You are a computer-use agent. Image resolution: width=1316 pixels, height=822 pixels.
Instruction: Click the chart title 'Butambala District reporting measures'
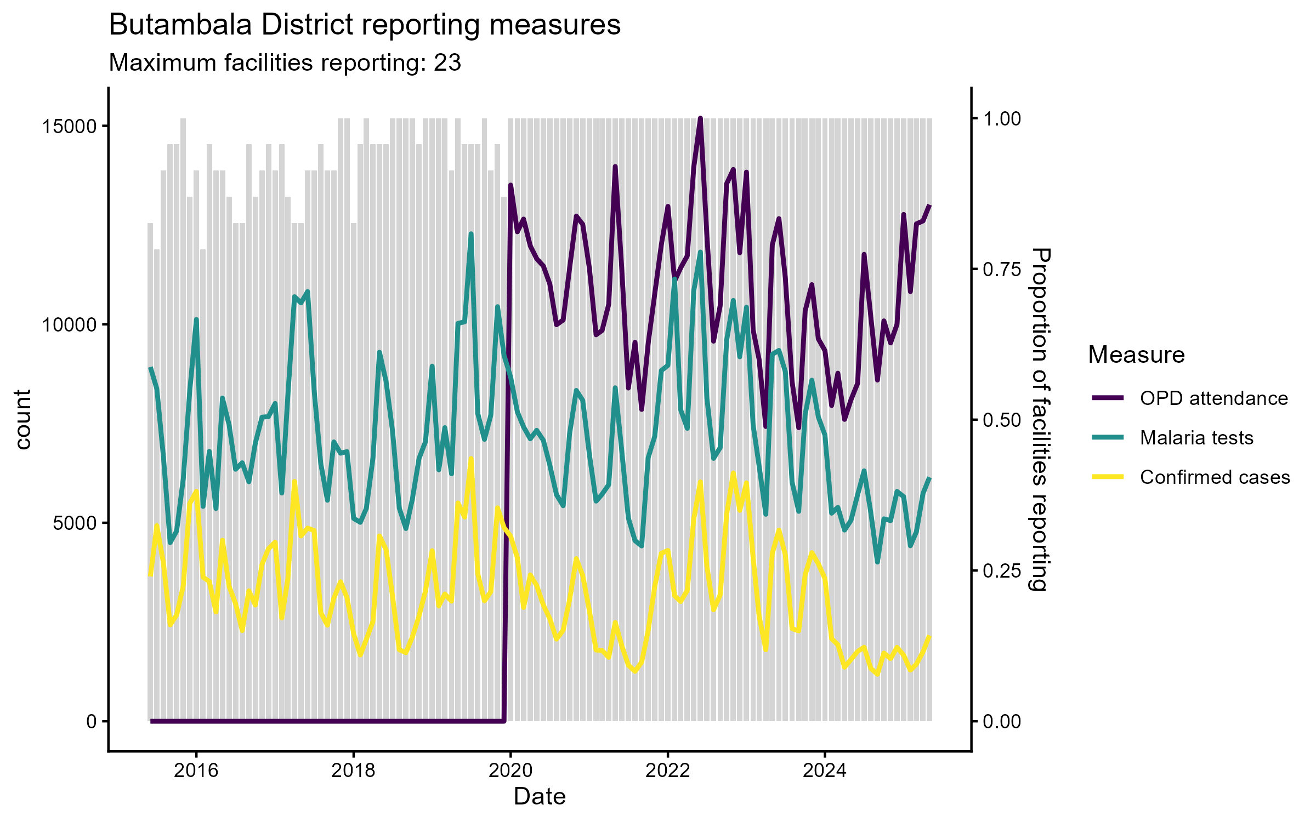tap(365, 25)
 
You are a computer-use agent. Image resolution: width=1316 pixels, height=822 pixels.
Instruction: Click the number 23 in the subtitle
tap(447, 63)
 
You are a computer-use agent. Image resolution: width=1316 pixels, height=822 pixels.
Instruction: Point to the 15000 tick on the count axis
tap(69, 126)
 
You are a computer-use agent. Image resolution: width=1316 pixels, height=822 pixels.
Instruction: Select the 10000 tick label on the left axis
tap(69, 324)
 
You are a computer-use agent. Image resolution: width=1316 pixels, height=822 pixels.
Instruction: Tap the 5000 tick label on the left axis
tap(75, 523)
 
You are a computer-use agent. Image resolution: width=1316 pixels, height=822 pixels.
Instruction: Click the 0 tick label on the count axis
tap(91, 721)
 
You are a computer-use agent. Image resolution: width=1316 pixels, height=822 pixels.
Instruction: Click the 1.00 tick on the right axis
tap(1002, 118)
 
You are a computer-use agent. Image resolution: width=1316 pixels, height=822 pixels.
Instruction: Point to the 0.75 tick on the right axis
tap(1002, 269)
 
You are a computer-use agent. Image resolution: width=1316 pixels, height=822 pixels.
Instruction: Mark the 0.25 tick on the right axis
tap(1002, 570)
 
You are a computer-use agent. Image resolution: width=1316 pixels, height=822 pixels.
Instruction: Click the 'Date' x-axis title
tap(540, 797)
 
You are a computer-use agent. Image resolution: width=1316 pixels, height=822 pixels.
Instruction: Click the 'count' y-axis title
tap(23, 419)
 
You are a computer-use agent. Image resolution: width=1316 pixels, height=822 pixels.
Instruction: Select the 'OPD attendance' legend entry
tap(1213, 398)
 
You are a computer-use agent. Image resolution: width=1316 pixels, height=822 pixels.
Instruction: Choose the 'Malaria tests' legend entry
tap(1196, 438)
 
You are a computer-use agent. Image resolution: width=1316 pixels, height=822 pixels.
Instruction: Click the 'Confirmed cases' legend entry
tap(1215, 477)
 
